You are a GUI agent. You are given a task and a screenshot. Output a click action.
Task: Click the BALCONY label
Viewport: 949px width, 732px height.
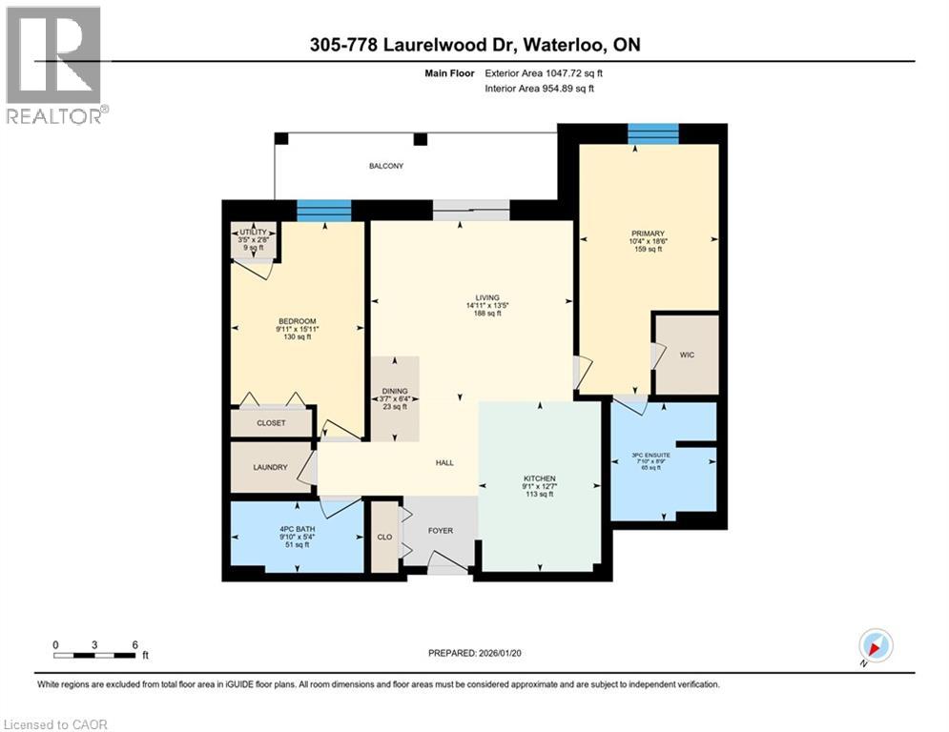386,166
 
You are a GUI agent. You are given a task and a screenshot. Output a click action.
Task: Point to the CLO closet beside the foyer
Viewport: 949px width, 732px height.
385,538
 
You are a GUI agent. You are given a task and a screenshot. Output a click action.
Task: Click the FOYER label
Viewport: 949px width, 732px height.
440,530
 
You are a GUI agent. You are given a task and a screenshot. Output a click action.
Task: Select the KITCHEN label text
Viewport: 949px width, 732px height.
539,478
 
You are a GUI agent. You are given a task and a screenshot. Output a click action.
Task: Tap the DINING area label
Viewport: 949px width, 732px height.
395,391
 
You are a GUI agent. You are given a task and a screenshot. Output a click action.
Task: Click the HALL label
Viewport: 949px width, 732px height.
444,463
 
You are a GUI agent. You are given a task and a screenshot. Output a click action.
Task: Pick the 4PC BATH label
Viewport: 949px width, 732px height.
298,529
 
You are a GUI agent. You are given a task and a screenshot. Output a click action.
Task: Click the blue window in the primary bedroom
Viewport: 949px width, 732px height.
653,133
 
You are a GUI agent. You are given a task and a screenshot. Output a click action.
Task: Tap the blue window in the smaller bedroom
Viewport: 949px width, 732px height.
323,211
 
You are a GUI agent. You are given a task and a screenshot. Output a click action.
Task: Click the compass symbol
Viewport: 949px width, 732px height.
875,646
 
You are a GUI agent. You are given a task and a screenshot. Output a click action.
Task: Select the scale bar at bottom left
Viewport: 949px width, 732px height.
94,655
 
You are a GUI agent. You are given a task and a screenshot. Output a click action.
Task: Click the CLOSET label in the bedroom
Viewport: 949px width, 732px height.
271,423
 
